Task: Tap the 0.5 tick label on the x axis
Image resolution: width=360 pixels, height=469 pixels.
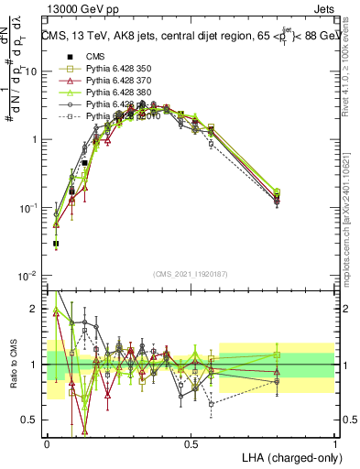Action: click(x=191, y=442)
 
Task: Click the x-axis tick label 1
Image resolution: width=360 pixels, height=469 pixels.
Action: click(x=335, y=442)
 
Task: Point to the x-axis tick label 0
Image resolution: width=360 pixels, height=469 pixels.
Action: click(x=47, y=442)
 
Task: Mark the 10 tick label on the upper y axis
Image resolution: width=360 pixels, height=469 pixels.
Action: click(x=32, y=71)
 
